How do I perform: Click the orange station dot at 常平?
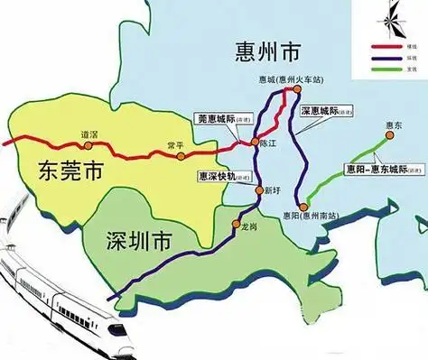point(181,155)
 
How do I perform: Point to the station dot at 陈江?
point(254,143)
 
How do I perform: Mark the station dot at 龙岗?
point(236,223)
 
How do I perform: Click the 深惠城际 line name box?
point(323,112)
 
